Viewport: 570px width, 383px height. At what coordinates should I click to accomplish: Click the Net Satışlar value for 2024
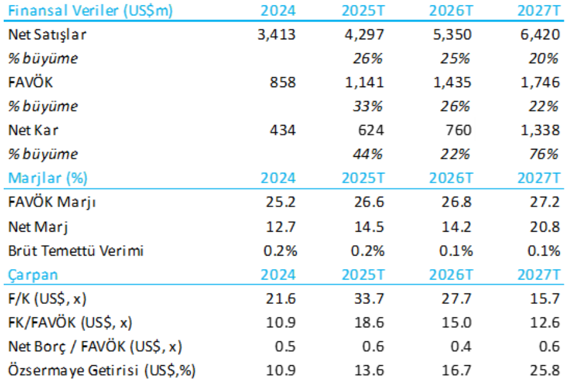[x=277, y=34]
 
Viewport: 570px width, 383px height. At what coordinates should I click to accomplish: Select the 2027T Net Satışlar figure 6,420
[x=539, y=34]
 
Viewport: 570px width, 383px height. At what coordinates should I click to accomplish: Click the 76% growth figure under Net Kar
[x=545, y=154]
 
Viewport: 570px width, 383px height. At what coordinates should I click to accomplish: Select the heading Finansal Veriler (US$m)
[x=90, y=10]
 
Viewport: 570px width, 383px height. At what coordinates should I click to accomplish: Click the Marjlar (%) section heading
[x=47, y=178]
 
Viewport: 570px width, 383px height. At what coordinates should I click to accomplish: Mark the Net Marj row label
[x=38, y=227]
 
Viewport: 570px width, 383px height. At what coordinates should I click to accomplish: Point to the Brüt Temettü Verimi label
[x=75, y=251]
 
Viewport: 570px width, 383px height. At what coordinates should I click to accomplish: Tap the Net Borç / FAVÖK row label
[x=95, y=346]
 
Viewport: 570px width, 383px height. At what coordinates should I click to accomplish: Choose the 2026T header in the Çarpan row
[x=451, y=275]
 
